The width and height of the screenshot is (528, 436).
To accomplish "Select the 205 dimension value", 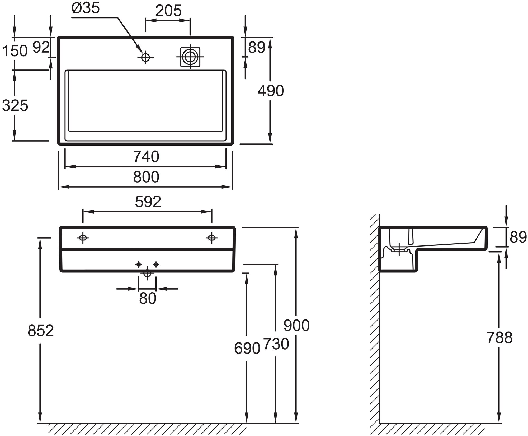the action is (168, 11).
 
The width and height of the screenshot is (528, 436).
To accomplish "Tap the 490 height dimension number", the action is (271, 91).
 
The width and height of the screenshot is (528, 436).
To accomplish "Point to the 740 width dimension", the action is (146, 157).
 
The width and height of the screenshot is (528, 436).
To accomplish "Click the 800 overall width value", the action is (146, 177).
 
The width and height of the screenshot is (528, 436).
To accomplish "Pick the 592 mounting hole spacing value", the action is (148, 202).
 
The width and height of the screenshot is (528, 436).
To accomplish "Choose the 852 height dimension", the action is (41, 331).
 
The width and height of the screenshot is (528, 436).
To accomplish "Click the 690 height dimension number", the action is (247, 348).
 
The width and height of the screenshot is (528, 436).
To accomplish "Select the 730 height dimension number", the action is (276, 344).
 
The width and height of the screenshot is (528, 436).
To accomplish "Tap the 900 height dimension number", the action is (296, 325).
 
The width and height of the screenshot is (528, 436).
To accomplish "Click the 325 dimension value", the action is (15, 106).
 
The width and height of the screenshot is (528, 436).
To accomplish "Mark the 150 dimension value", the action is (15, 51).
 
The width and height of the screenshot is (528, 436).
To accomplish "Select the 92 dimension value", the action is (41, 48).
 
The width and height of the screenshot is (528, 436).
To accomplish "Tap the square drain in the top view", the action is (190, 57).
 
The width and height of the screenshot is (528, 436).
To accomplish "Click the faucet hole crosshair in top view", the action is (145, 57).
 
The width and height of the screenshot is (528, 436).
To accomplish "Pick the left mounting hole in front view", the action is (83, 238).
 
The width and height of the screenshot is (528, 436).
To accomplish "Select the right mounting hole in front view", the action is (211, 238).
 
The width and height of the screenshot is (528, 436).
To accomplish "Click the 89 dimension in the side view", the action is (518, 237).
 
